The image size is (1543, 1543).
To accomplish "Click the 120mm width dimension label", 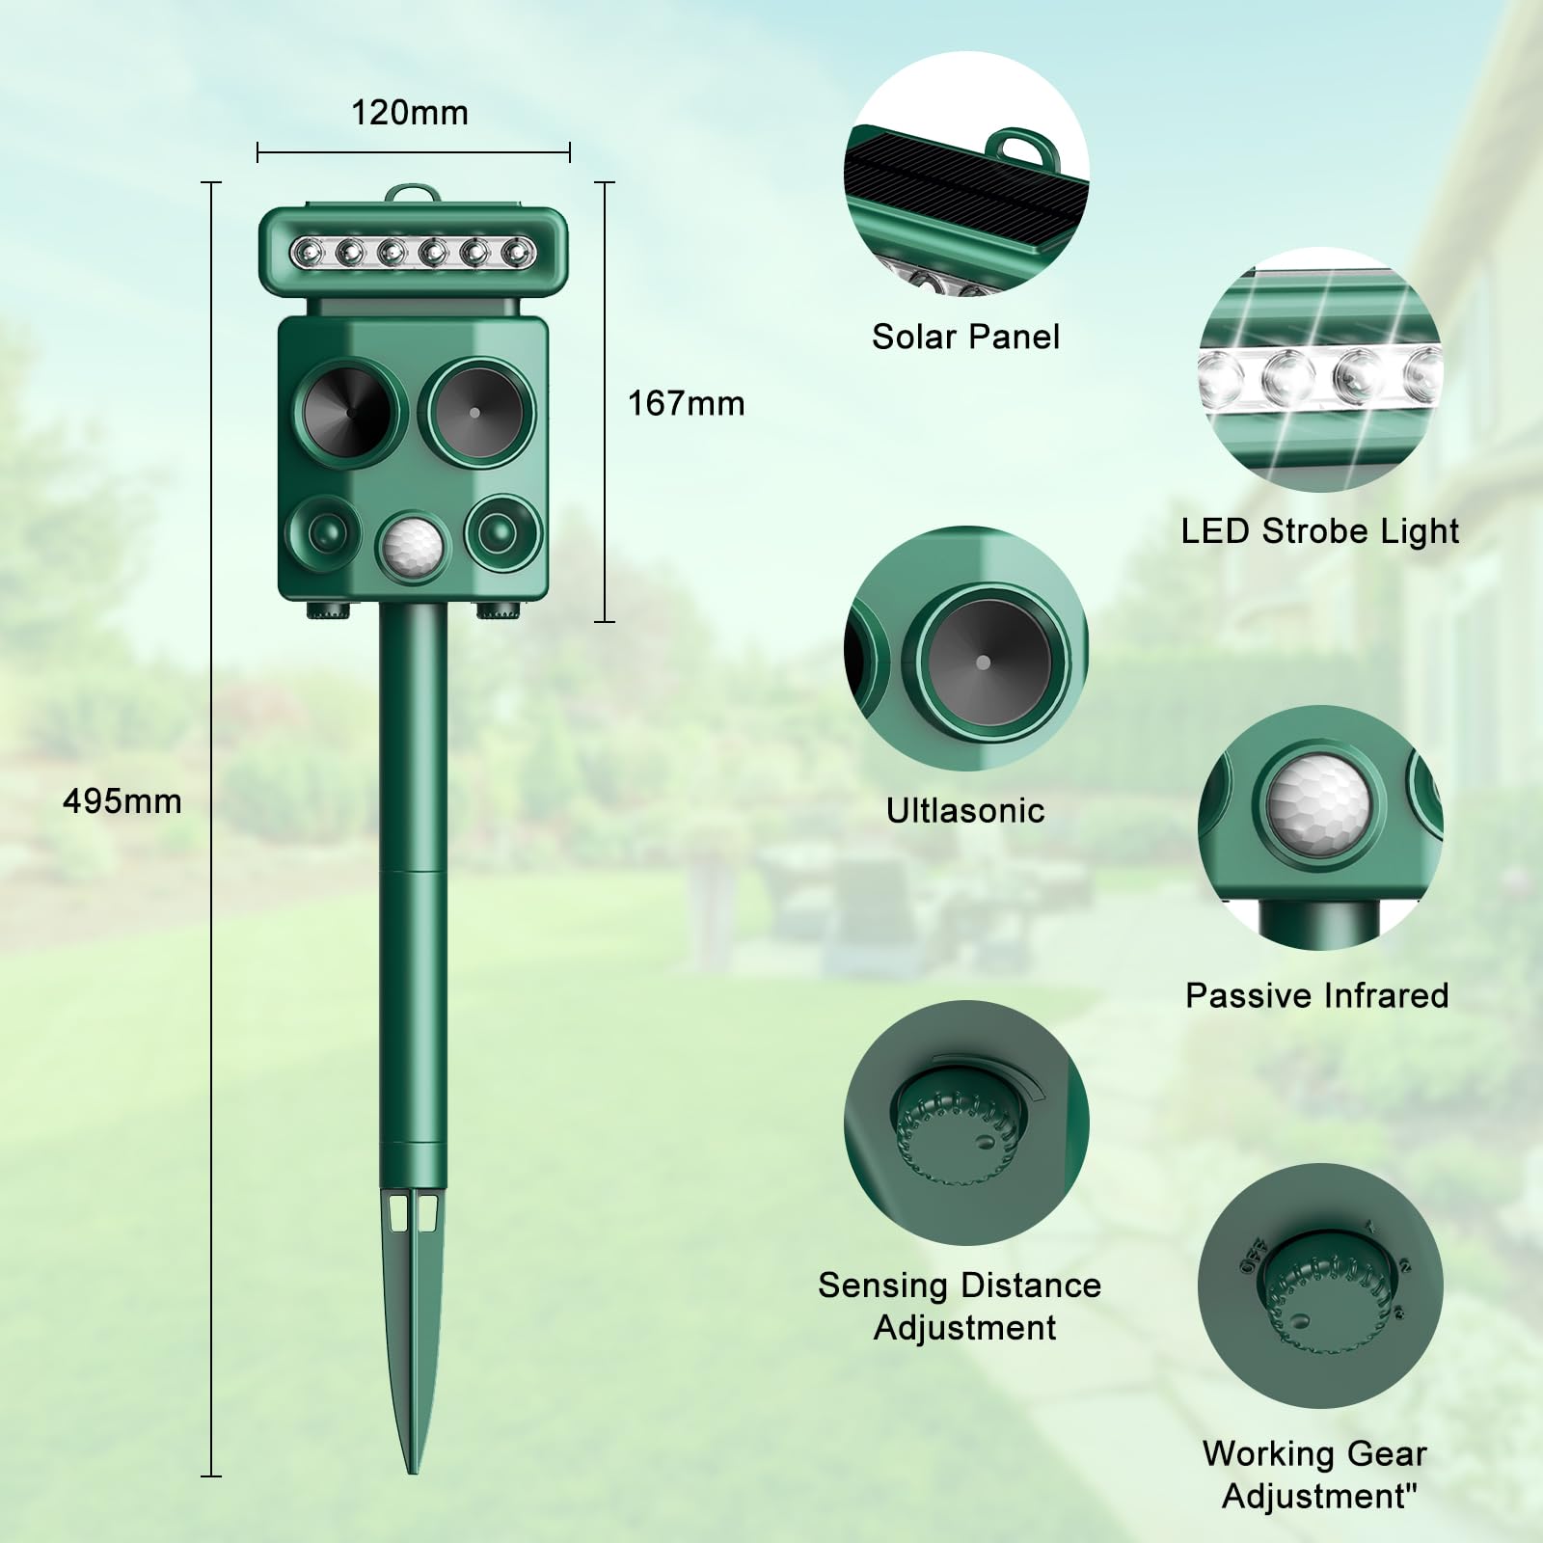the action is click(x=410, y=113).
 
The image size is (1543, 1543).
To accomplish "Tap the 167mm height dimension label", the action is click(x=687, y=403).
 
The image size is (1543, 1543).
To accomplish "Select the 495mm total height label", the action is click(x=122, y=801).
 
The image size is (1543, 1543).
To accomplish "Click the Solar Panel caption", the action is click(x=965, y=337).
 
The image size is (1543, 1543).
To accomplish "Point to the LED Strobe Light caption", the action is click(x=1320, y=531).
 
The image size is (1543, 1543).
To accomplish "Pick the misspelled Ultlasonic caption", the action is click(x=965, y=810).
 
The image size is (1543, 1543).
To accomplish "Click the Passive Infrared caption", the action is click(x=1317, y=995).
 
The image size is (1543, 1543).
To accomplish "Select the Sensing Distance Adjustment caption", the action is click(x=961, y=1306).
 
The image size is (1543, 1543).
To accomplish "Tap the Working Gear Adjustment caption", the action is click(x=1315, y=1475).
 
